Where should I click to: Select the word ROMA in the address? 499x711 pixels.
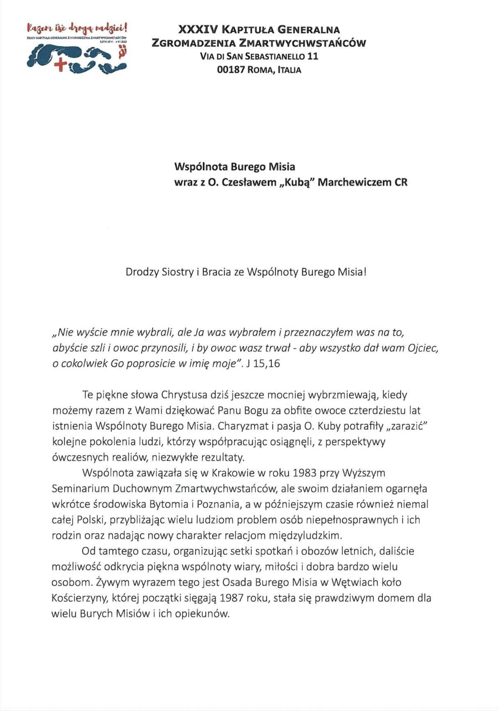coord(259,70)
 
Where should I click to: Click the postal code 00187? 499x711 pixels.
coord(231,70)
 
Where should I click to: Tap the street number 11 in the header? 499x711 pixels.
coord(312,56)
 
